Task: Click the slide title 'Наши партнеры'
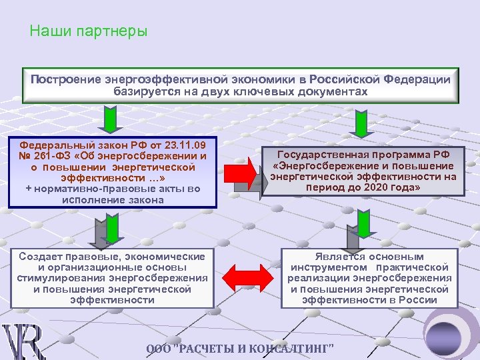pyautogui.click(x=89, y=31)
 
